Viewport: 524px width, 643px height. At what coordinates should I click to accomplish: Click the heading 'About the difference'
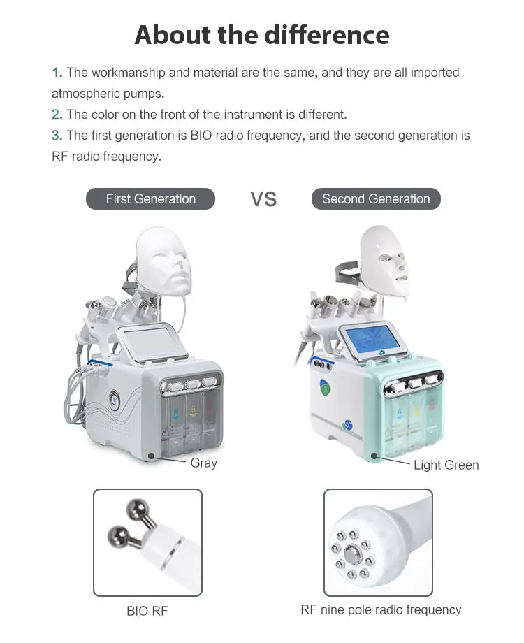click(261, 34)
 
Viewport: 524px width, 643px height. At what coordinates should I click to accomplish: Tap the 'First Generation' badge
click(150, 199)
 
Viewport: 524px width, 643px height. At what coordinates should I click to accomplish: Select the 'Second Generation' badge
click(376, 199)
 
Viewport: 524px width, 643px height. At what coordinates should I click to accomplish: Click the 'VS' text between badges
click(263, 199)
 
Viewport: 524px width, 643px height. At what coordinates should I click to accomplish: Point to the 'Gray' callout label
click(203, 463)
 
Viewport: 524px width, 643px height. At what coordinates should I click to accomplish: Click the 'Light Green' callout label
click(446, 465)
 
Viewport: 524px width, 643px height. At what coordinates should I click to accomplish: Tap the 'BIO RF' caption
click(147, 611)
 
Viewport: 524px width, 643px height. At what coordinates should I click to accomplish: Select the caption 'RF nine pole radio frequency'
click(381, 609)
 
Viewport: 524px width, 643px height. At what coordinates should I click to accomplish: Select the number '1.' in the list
click(57, 73)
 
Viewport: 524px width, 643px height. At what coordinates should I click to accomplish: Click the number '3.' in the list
click(57, 136)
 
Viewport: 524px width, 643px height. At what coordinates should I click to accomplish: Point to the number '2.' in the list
click(57, 115)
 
